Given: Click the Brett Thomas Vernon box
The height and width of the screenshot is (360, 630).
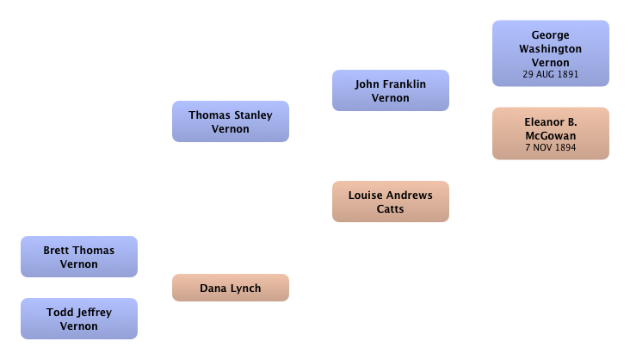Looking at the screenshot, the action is [79, 257].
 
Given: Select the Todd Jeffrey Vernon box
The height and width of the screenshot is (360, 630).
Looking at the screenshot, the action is [79, 319].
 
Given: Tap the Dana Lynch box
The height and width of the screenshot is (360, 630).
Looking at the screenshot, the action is [231, 288].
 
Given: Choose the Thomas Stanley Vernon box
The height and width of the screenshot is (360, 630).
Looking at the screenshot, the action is [231, 121].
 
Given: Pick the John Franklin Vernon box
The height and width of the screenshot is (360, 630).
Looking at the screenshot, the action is [391, 90].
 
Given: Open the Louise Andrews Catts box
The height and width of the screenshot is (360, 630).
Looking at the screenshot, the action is [391, 202].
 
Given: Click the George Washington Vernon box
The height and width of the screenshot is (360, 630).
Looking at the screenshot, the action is [551, 53].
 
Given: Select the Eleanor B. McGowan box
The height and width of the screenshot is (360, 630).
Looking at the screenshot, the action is [551, 133].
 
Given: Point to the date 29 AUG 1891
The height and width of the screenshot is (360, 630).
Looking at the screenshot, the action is [551, 74].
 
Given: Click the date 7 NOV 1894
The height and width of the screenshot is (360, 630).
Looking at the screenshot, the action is [551, 147].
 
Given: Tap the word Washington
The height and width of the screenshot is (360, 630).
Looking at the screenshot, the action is [551, 49].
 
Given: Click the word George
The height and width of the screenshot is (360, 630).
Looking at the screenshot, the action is [551, 35].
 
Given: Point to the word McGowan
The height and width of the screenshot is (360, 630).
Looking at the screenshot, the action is [551, 135].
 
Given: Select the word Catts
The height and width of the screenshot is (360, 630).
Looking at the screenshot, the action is [390, 208].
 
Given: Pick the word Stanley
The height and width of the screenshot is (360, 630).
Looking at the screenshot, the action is [253, 115].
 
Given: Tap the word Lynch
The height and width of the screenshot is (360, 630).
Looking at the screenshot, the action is [246, 289].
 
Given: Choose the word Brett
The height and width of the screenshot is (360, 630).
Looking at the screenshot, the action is [57, 250].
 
